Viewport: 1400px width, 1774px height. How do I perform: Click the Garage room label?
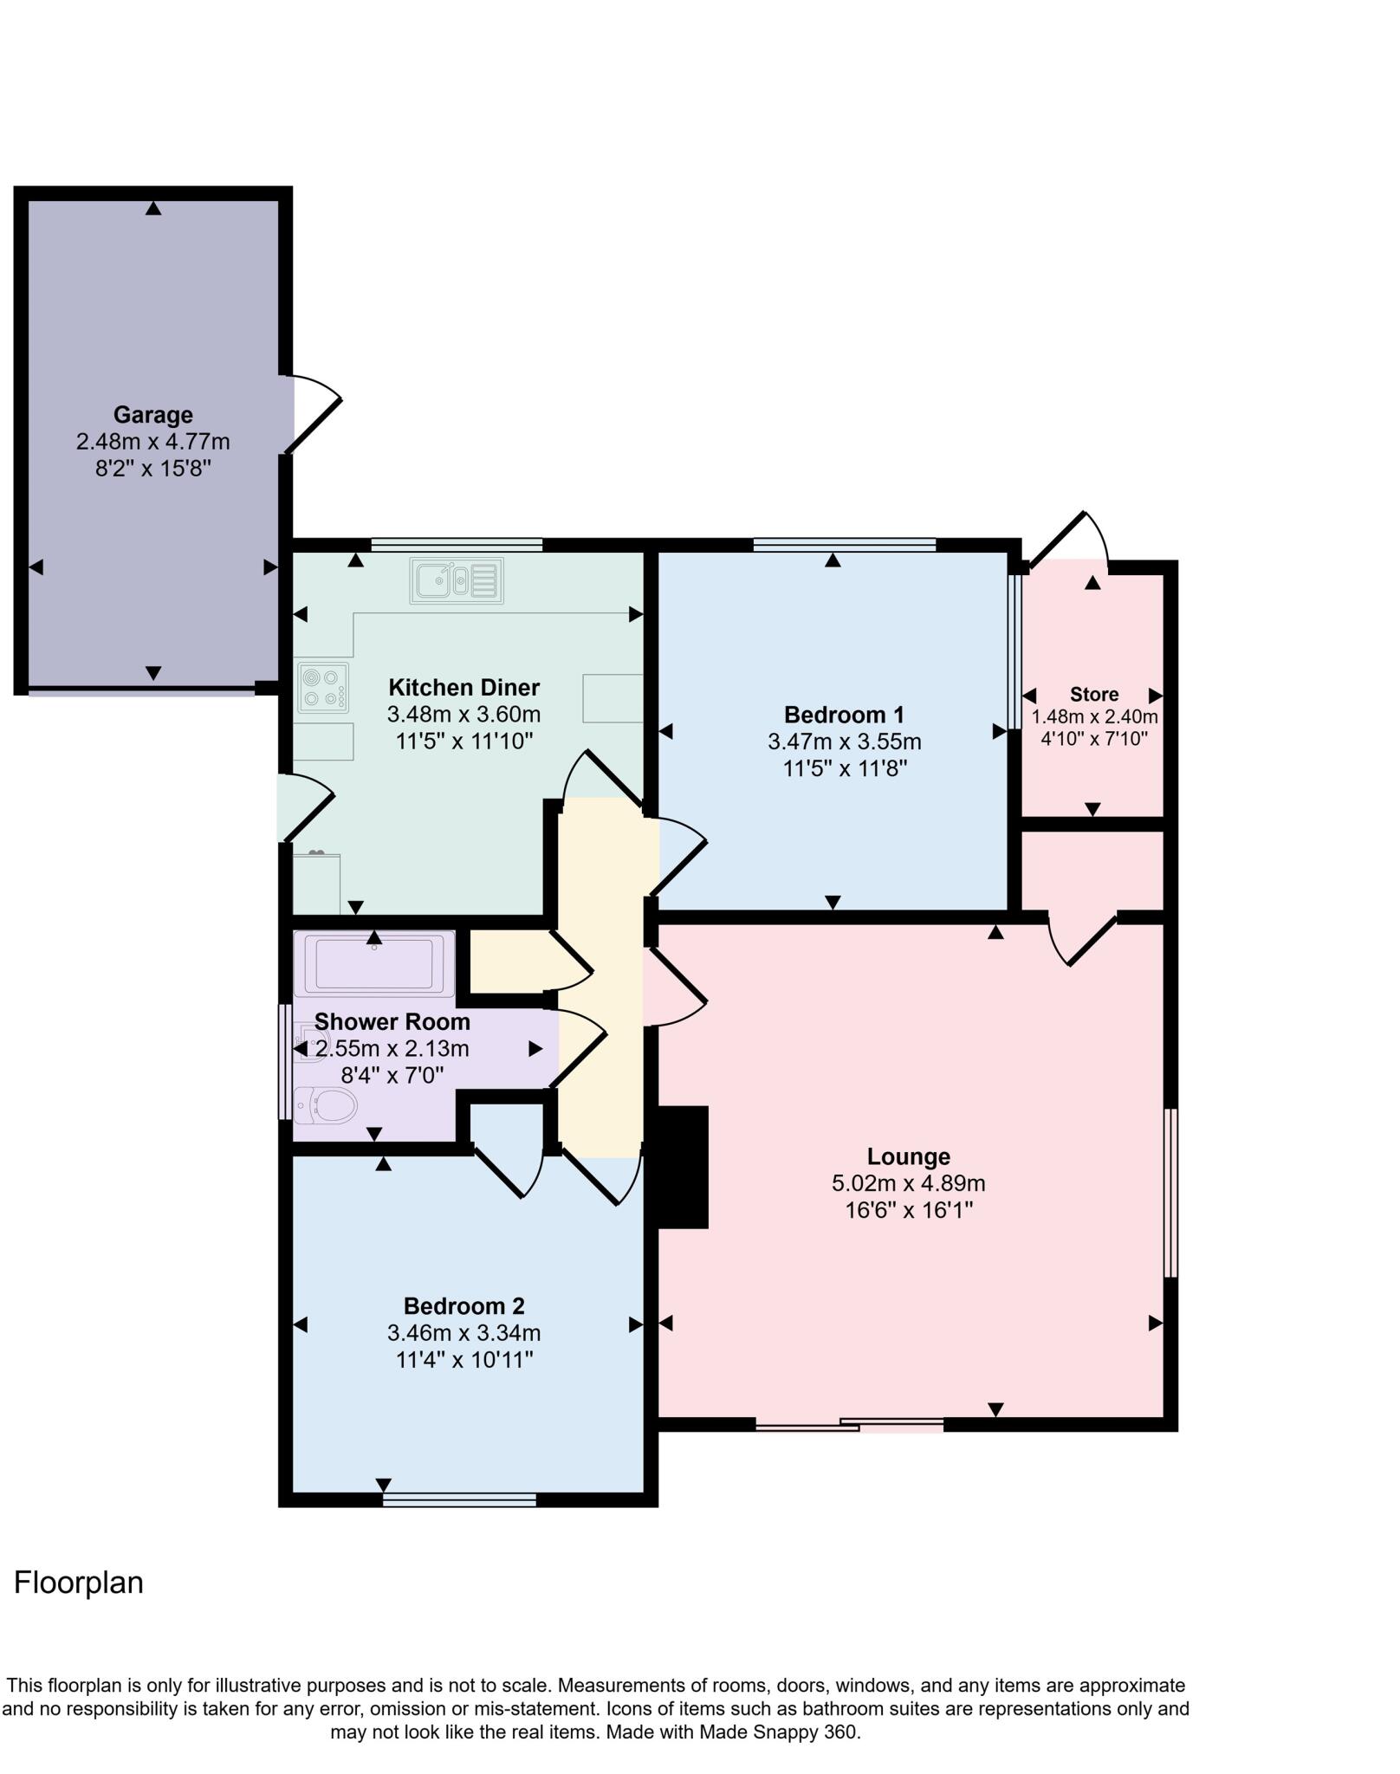152,415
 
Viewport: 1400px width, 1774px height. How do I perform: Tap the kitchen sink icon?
457,580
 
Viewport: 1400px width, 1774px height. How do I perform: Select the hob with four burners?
323,688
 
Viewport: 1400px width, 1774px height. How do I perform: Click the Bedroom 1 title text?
844,715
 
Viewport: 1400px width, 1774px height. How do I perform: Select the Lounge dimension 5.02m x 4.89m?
908,1182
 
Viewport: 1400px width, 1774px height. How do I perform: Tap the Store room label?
1093,694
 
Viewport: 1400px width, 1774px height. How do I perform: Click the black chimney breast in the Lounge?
683,1167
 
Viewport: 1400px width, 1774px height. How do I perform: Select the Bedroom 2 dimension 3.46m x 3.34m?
463,1332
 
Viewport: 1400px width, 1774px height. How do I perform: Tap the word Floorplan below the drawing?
79,1583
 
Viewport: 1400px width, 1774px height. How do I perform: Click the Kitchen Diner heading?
463,688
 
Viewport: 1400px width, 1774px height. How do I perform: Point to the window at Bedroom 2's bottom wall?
459,1499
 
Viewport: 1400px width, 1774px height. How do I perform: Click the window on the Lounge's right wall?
1170,1193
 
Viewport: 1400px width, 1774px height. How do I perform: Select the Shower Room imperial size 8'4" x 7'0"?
392,1075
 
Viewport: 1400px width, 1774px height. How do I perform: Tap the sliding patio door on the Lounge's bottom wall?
849,1423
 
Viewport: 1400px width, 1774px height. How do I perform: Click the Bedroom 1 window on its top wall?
845,545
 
